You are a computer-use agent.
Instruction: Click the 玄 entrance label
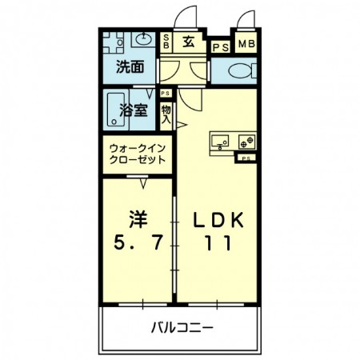[188, 42]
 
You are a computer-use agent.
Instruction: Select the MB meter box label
[244, 43]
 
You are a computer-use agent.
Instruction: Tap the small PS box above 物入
[166, 93]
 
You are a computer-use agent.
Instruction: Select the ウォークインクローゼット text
[138, 153]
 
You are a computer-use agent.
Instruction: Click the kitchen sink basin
[220, 141]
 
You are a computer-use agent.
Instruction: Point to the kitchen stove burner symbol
[246, 141]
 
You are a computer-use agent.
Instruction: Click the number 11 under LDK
[215, 244]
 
